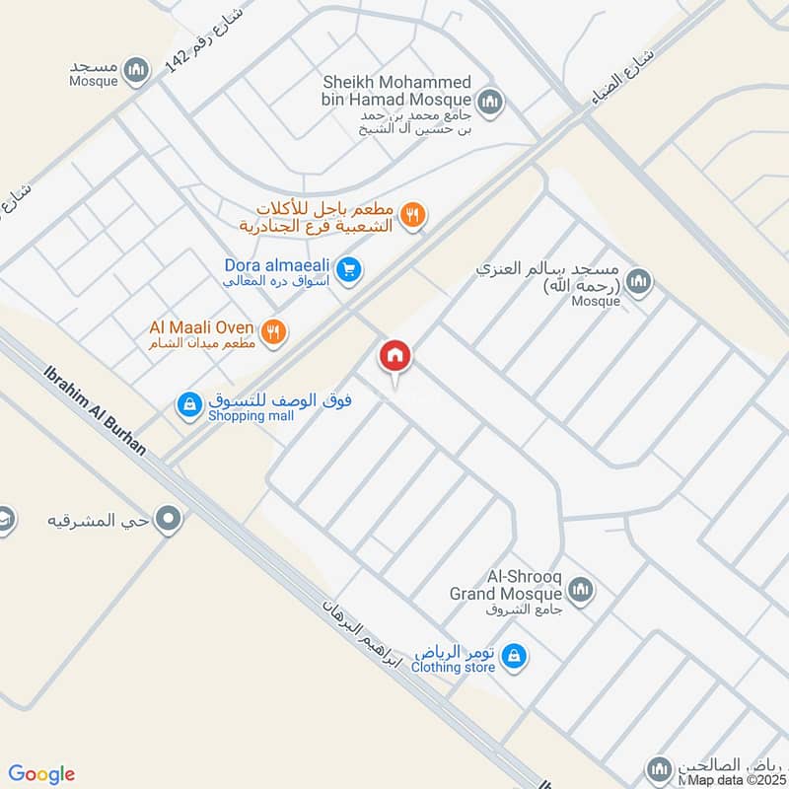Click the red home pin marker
pos(395,356)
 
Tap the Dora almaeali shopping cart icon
pos(347,268)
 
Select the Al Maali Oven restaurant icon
pos(274,332)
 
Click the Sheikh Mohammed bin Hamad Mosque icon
pos(489,102)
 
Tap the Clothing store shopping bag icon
pos(513,655)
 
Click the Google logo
pos(42,774)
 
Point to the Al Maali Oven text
pos(201,327)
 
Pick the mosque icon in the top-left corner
pos(138,70)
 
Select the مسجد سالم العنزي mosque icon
pos(640,282)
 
